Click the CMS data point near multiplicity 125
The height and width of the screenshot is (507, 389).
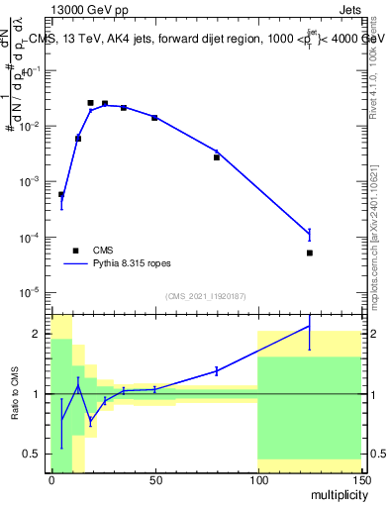coord(310,253)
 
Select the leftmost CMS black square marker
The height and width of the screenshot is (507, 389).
coord(61,194)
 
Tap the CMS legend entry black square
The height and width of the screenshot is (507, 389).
coord(75,251)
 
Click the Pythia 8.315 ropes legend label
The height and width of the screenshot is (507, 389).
coord(133,264)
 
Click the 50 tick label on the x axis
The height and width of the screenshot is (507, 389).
coord(154,480)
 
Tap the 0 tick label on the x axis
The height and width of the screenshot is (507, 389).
coord(51,480)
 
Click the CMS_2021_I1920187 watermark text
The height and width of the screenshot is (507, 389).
coord(206,296)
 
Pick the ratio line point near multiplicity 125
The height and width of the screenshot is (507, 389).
coord(310,326)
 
